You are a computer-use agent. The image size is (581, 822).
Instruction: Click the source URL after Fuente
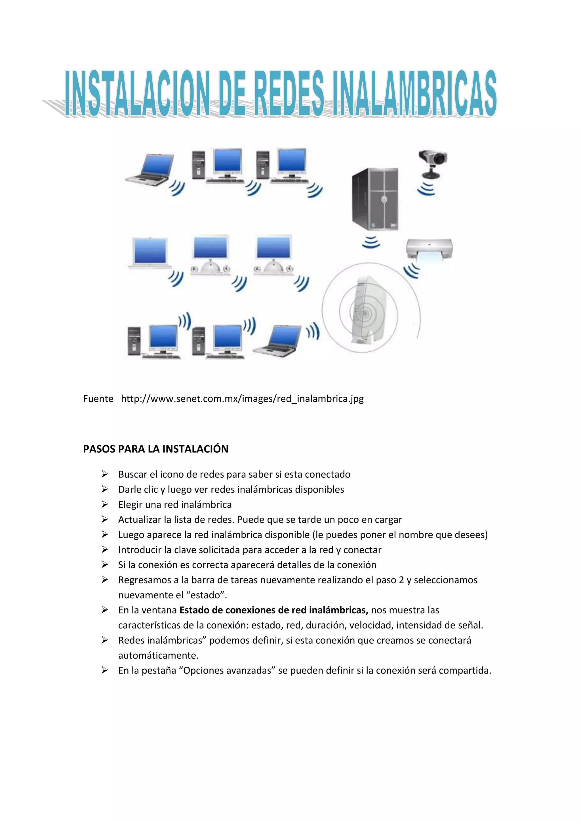242,399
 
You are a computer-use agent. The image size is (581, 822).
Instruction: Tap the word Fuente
98,399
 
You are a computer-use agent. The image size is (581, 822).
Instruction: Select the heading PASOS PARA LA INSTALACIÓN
156,449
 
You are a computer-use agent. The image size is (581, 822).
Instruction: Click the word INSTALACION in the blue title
137,94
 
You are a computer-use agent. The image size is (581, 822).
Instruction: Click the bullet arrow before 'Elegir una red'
104,504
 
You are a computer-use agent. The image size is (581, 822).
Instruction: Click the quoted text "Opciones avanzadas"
229,670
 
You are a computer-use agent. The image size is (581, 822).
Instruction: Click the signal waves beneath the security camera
426,189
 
